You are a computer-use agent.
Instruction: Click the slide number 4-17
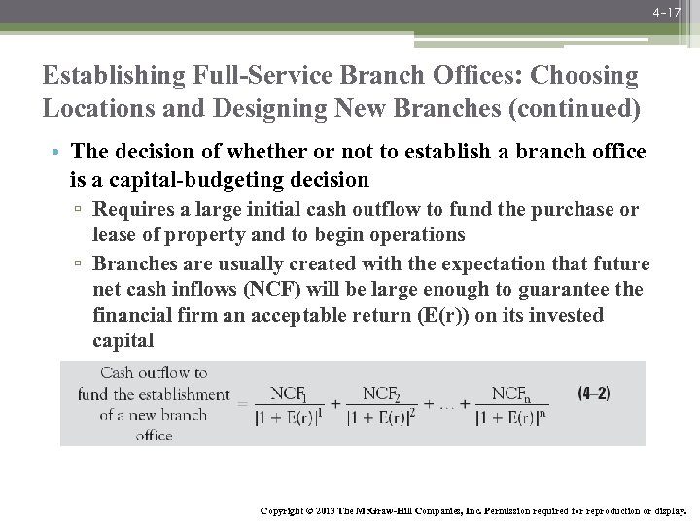pos(666,13)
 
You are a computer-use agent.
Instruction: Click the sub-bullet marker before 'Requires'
pos(82,210)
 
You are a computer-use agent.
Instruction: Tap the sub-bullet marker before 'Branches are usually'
pos(82,264)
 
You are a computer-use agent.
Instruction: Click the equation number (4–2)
pos(594,394)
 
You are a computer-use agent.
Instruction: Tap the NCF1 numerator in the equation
pos(289,393)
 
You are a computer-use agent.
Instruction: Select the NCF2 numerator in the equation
pos(381,393)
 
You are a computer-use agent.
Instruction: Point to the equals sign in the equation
pos(242,403)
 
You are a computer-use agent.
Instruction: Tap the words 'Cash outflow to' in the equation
pos(154,372)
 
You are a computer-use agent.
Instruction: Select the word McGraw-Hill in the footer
pos(394,510)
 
